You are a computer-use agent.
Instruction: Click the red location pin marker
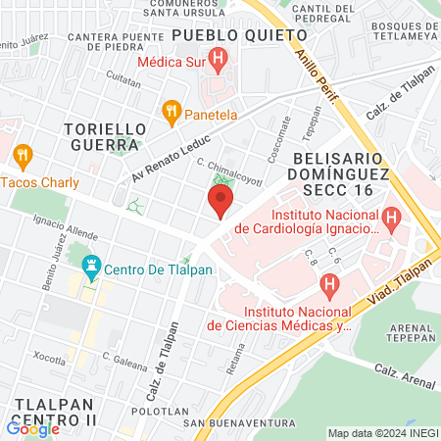(x=220, y=202)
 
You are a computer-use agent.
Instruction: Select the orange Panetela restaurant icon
(x=171, y=111)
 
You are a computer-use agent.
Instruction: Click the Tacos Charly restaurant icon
(x=23, y=154)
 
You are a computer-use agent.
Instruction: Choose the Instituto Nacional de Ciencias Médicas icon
(x=329, y=285)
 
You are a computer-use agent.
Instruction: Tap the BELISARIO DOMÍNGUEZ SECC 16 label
(x=331, y=175)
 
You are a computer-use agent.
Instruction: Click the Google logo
(x=32, y=428)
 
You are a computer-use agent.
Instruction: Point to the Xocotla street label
(x=51, y=356)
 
